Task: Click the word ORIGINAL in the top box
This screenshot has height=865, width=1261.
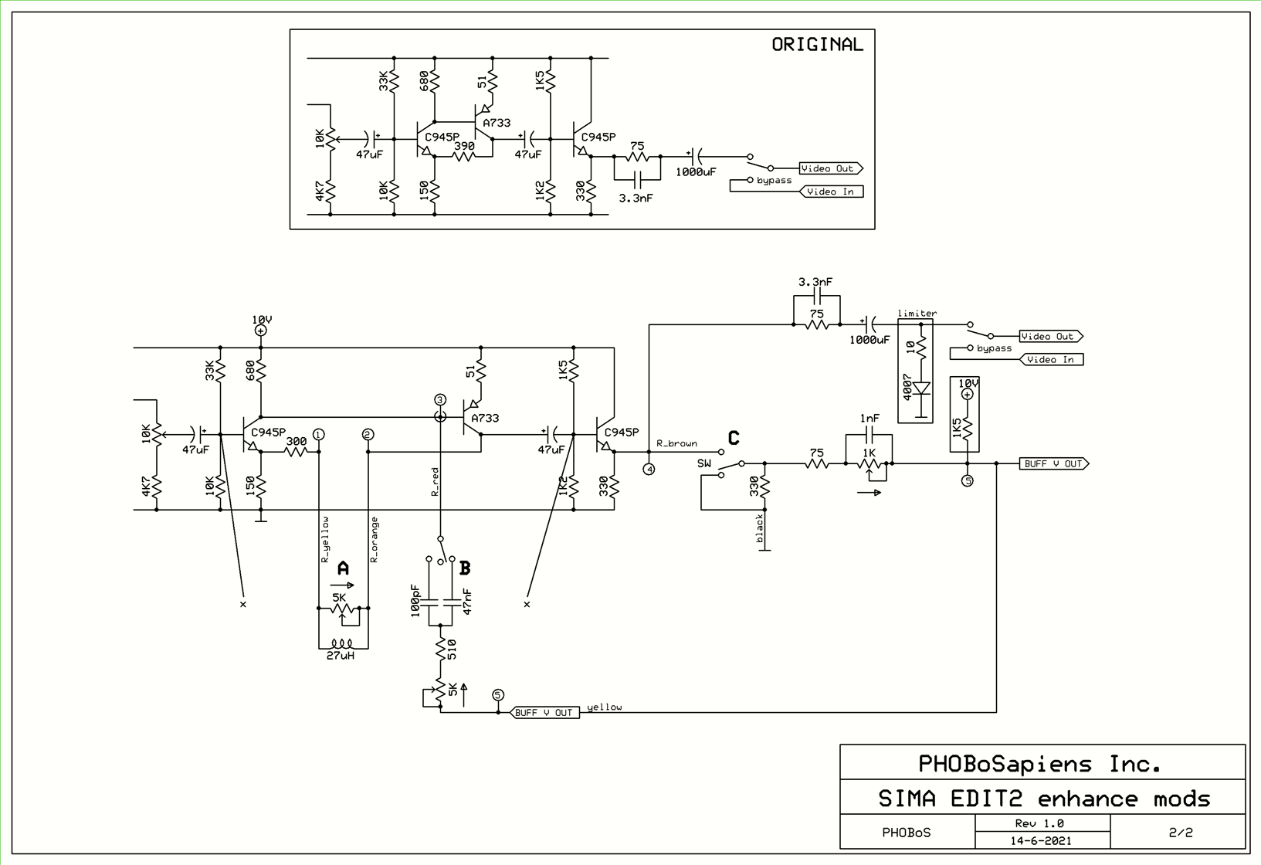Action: coord(817,45)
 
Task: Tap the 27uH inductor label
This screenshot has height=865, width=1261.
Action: coord(341,656)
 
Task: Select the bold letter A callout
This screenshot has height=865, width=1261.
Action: coord(343,568)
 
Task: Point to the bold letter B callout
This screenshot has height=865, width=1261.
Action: coord(465,568)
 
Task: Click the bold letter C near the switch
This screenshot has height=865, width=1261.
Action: coord(734,438)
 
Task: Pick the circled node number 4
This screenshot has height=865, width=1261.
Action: coord(649,469)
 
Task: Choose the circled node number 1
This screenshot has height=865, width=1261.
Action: coord(319,435)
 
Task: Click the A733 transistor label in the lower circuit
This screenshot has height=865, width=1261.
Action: coord(485,418)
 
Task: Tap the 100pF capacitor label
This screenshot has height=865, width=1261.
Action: coord(415,601)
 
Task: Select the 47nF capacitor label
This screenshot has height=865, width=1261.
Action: coord(467,601)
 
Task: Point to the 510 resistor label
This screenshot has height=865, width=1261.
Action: coord(452,649)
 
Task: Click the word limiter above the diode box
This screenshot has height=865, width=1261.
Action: coord(917,314)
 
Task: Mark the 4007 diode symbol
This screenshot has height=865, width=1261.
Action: coord(921,388)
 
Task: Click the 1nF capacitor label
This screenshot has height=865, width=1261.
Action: coord(869,419)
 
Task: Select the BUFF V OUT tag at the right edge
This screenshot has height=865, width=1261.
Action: coord(1053,463)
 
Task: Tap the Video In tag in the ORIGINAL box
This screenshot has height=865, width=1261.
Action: coord(831,192)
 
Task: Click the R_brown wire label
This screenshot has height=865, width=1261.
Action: coord(676,443)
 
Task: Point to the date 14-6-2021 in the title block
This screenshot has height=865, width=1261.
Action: coord(1040,840)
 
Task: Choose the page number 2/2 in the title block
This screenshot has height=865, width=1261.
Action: coord(1180,832)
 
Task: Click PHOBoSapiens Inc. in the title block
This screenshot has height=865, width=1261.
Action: coord(1039,764)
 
